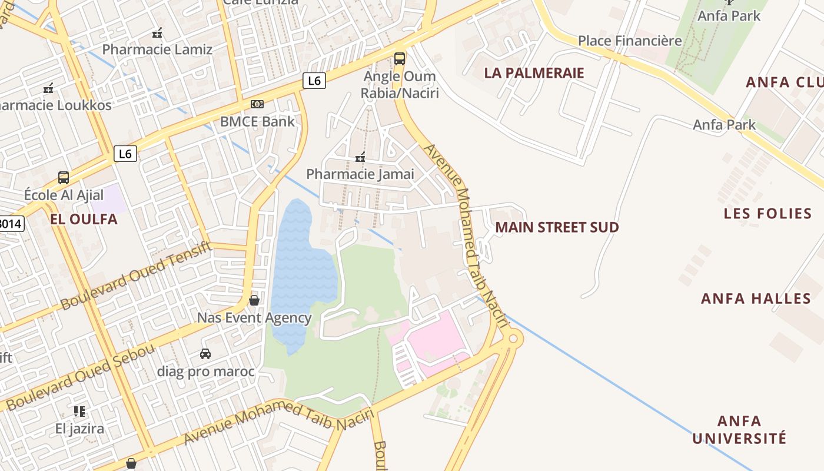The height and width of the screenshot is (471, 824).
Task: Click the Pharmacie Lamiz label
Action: click(x=157, y=49)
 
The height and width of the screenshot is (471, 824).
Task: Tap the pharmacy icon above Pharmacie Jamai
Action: click(x=360, y=157)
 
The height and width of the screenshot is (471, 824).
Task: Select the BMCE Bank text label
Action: click(x=257, y=122)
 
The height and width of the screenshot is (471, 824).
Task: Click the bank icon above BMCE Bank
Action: click(x=257, y=104)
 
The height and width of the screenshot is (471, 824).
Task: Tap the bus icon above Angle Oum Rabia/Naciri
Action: click(x=400, y=58)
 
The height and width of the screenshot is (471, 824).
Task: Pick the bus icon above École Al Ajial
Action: click(x=64, y=177)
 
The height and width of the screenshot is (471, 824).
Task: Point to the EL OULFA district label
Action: click(x=84, y=220)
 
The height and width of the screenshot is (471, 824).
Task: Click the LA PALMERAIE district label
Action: click(x=534, y=73)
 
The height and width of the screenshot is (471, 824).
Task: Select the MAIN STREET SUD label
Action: click(x=557, y=227)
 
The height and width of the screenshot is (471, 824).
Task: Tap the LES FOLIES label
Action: click(x=767, y=213)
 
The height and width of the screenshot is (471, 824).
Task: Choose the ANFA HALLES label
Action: click(x=756, y=298)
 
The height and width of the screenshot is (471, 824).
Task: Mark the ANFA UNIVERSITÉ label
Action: click(x=739, y=430)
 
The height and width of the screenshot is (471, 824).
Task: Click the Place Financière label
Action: click(x=630, y=41)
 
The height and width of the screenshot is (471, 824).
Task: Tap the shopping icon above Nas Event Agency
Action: click(x=254, y=300)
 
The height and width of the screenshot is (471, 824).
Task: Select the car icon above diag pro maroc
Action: click(x=205, y=354)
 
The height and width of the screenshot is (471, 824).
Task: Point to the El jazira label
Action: click(x=79, y=428)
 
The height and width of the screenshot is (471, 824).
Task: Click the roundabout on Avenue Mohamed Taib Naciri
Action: click(x=513, y=339)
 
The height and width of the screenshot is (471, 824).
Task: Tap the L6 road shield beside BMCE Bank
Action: click(x=314, y=81)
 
